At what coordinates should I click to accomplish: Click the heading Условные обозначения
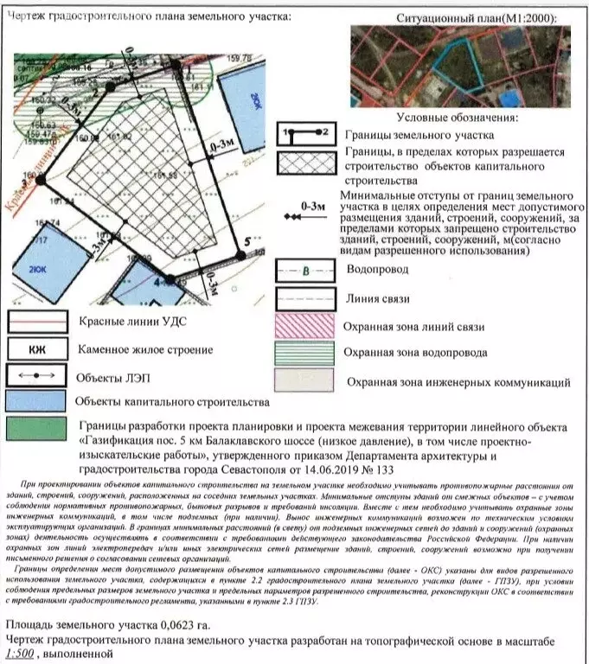[458, 117]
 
